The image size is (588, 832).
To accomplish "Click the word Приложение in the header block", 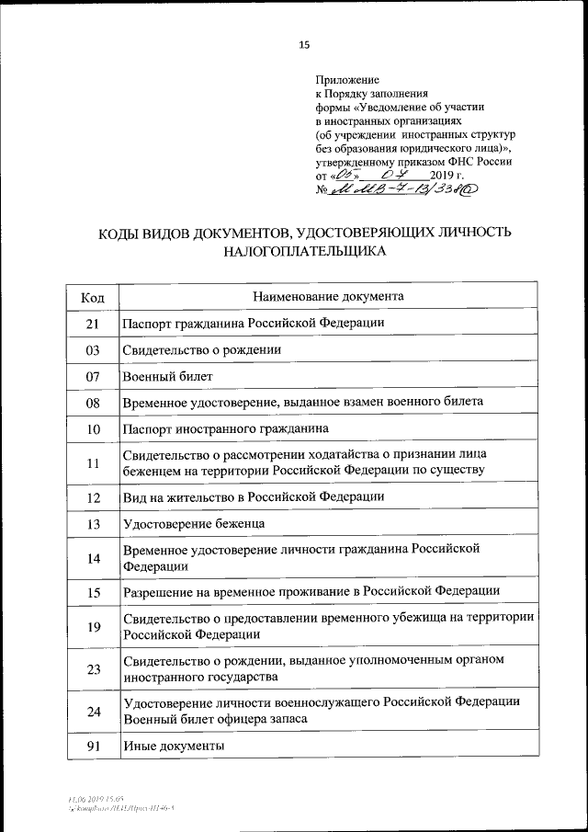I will pyautogui.click(x=347, y=80).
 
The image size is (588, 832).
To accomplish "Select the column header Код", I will pyautogui.click(x=93, y=297).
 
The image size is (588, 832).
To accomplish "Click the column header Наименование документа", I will pyautogui.click(x=327, y=296).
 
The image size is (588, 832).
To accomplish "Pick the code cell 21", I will pyautogui.click(x=93, y=324).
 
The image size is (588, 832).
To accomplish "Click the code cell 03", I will pyautogui.click(x=93, y=350).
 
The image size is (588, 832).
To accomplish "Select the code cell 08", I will pyautogui.click(x=93, y=403).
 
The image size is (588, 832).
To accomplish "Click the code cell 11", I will pyautogui.click(x=93, y=462).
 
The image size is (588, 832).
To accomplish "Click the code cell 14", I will pyautogui.click(x=93, y=557).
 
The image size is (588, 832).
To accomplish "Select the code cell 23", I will pyautogui.click(x=93, y=668).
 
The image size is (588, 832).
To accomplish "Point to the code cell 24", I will pyautogui.click(x=93, y=710).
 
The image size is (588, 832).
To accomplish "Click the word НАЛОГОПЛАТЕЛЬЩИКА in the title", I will pyautogui.click(x=304, y=249).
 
